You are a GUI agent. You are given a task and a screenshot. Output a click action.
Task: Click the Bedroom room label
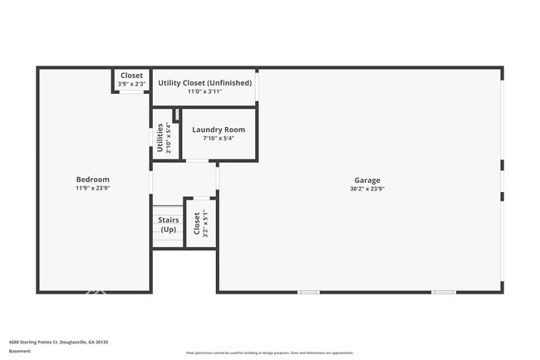(92, 180)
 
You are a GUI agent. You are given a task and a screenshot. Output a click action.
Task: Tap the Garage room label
(366, 180)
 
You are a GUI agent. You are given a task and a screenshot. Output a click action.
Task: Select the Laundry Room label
(218, 130)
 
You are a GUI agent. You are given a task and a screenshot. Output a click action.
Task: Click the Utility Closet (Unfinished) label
(204, 82)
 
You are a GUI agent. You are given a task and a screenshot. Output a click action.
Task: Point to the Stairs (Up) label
(168, 224)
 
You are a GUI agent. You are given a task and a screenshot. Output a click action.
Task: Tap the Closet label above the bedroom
(131, 76)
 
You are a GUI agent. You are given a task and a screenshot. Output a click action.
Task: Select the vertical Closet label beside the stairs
(197, 223)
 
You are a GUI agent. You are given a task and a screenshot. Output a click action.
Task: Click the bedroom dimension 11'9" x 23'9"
(92, 189)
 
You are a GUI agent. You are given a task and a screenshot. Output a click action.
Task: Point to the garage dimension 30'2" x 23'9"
(366, 189)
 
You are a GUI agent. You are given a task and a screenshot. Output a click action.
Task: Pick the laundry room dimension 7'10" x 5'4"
(218, 138)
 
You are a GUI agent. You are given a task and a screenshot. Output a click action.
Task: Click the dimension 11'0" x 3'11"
(204, 91)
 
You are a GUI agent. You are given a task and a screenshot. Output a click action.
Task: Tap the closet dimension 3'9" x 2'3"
(131, 84)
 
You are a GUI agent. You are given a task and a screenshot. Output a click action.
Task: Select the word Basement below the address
(20, 351)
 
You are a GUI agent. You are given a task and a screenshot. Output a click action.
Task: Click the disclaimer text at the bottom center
(269, 353)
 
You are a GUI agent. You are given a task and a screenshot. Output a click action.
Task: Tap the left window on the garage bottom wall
(309, 292)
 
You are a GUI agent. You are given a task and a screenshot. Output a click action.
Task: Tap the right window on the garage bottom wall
(443, 292)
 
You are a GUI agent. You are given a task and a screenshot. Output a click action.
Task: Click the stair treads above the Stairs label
(167, 210)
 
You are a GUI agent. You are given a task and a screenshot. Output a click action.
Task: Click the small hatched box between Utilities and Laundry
(176, 115)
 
